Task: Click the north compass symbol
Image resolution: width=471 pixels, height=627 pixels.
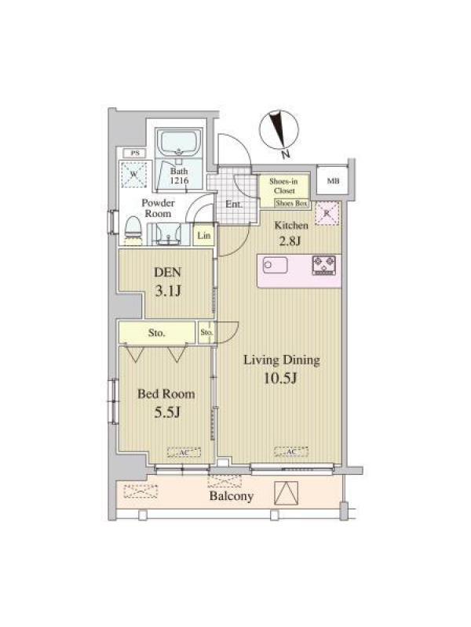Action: click(279, 131)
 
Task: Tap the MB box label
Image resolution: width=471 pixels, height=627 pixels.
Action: click(333, 181)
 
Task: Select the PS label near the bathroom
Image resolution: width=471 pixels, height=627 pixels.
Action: click(135, 153)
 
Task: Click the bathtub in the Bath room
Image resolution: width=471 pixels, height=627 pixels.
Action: click(178, 143)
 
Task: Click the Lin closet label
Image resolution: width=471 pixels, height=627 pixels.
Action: click(204, 236)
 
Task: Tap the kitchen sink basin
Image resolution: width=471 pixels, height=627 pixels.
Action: click(276, 265)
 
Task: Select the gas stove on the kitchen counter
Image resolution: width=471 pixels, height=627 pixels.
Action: click(324, 266)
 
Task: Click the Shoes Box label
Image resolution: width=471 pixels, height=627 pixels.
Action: click(291, 203)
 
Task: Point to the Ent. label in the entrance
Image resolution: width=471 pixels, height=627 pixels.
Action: click(234, 205)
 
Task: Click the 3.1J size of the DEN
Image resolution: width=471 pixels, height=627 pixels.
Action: click(168, 291)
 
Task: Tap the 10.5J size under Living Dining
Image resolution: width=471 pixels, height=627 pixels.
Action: click(280, 377)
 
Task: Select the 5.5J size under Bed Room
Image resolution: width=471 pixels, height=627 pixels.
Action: click(167, 411)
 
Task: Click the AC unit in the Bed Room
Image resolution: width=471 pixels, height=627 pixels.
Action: click(184, 452)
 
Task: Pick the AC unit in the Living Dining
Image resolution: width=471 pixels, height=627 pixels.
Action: click(291, 451)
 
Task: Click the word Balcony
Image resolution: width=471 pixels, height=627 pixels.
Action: click(232, 496)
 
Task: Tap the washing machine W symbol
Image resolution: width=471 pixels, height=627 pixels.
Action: click(133, 174)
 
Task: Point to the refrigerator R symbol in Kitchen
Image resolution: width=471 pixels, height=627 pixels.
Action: click(327, 213)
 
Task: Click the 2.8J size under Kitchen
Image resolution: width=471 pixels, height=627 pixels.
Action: click(287, 241)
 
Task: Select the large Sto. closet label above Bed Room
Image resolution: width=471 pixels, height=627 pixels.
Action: click(156, 332)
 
